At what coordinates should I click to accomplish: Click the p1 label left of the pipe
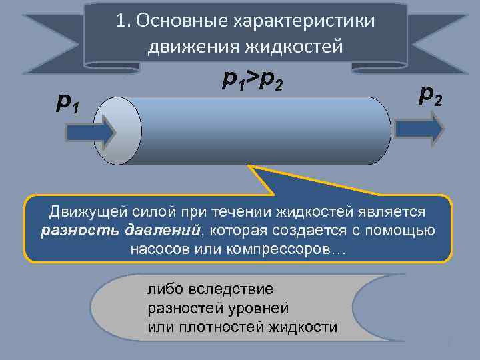(x=69, y=101)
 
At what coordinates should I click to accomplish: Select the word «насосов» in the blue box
(x=161, y=249)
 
